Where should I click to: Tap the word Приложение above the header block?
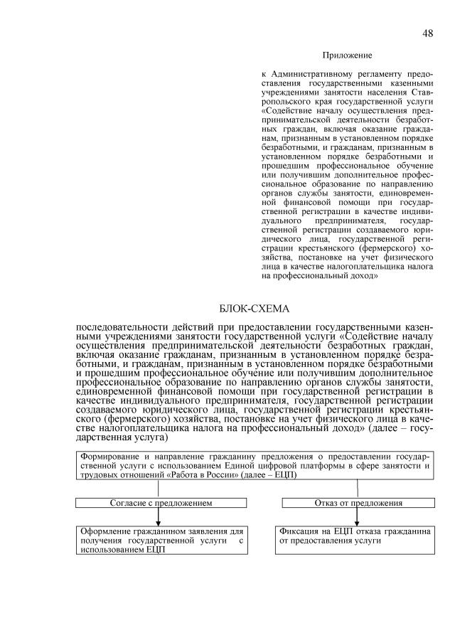[347, 55]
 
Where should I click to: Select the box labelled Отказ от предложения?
[358, 502]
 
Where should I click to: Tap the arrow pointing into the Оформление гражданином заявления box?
[158, 521]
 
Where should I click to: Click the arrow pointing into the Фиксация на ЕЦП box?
[358, 521]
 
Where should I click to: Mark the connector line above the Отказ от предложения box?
[358, 489]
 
